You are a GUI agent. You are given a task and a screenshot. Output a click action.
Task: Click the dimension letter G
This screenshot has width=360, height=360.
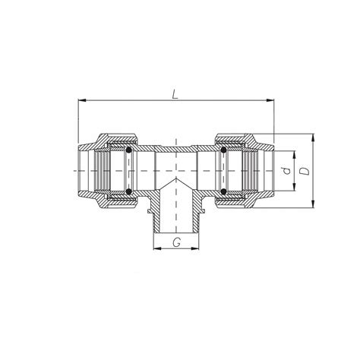176,243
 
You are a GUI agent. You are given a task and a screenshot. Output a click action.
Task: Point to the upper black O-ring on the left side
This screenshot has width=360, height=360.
129,152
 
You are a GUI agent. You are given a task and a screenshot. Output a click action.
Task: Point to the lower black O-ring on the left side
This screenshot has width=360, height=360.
129,190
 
